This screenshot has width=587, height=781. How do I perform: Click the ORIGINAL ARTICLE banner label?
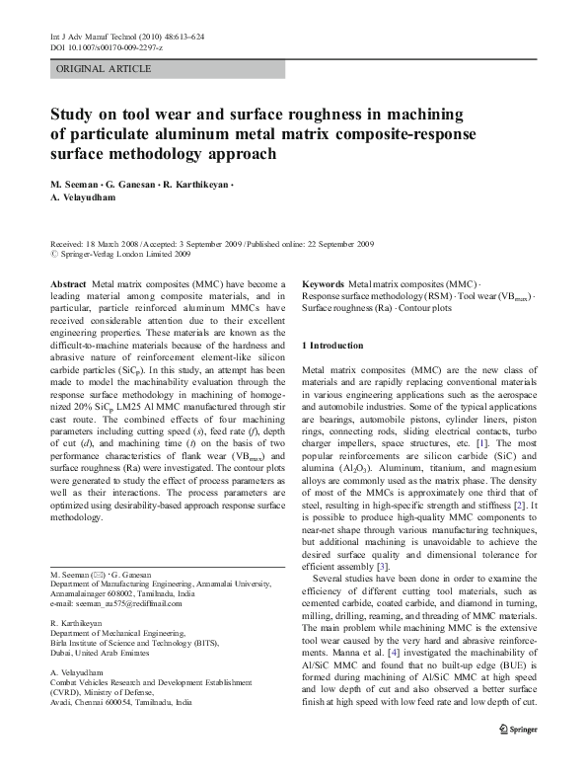point(104,69)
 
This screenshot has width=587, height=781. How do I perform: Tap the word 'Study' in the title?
point(74,116)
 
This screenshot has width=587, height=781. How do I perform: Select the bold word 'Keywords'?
point(324,283)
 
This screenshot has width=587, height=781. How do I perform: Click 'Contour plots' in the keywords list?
point(423,308)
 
